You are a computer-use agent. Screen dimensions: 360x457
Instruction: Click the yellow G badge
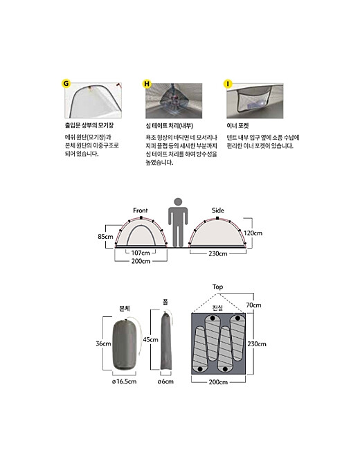tap(66, 84)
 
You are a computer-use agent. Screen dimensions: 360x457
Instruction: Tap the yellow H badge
tap(147, 84)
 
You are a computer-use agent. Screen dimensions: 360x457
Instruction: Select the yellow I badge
tap(228, 84)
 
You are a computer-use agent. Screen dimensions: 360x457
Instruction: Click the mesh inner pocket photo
tap(255, 100)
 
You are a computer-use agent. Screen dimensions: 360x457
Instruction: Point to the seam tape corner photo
tap(174, 100)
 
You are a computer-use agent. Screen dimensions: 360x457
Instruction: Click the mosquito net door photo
tap(93, 100)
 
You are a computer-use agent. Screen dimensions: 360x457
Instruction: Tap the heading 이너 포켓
tap(237, 125)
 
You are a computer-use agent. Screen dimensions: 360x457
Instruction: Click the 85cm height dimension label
tap(105, 236)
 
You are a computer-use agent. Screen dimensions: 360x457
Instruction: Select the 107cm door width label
tap(141, 253)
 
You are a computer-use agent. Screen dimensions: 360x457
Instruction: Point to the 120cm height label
tap(253, 233)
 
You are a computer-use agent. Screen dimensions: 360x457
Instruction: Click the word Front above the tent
tap(141, 210)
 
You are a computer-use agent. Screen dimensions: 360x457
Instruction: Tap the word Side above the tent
tap(218, 210)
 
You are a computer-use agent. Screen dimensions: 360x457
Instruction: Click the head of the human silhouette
tap(178, 201)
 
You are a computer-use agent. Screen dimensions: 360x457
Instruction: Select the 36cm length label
tap(103, 343)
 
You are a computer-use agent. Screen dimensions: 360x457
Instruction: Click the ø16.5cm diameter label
tap(124, 382)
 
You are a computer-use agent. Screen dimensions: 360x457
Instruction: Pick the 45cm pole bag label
tap(150, 339)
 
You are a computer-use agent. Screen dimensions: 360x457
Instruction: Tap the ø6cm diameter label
tap(165, 382)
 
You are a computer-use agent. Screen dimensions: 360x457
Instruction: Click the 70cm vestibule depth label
tap(253, 305)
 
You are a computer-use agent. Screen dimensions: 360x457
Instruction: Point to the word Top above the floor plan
tap(217, 287)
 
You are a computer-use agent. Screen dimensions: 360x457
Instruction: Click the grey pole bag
tap(166, 341)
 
